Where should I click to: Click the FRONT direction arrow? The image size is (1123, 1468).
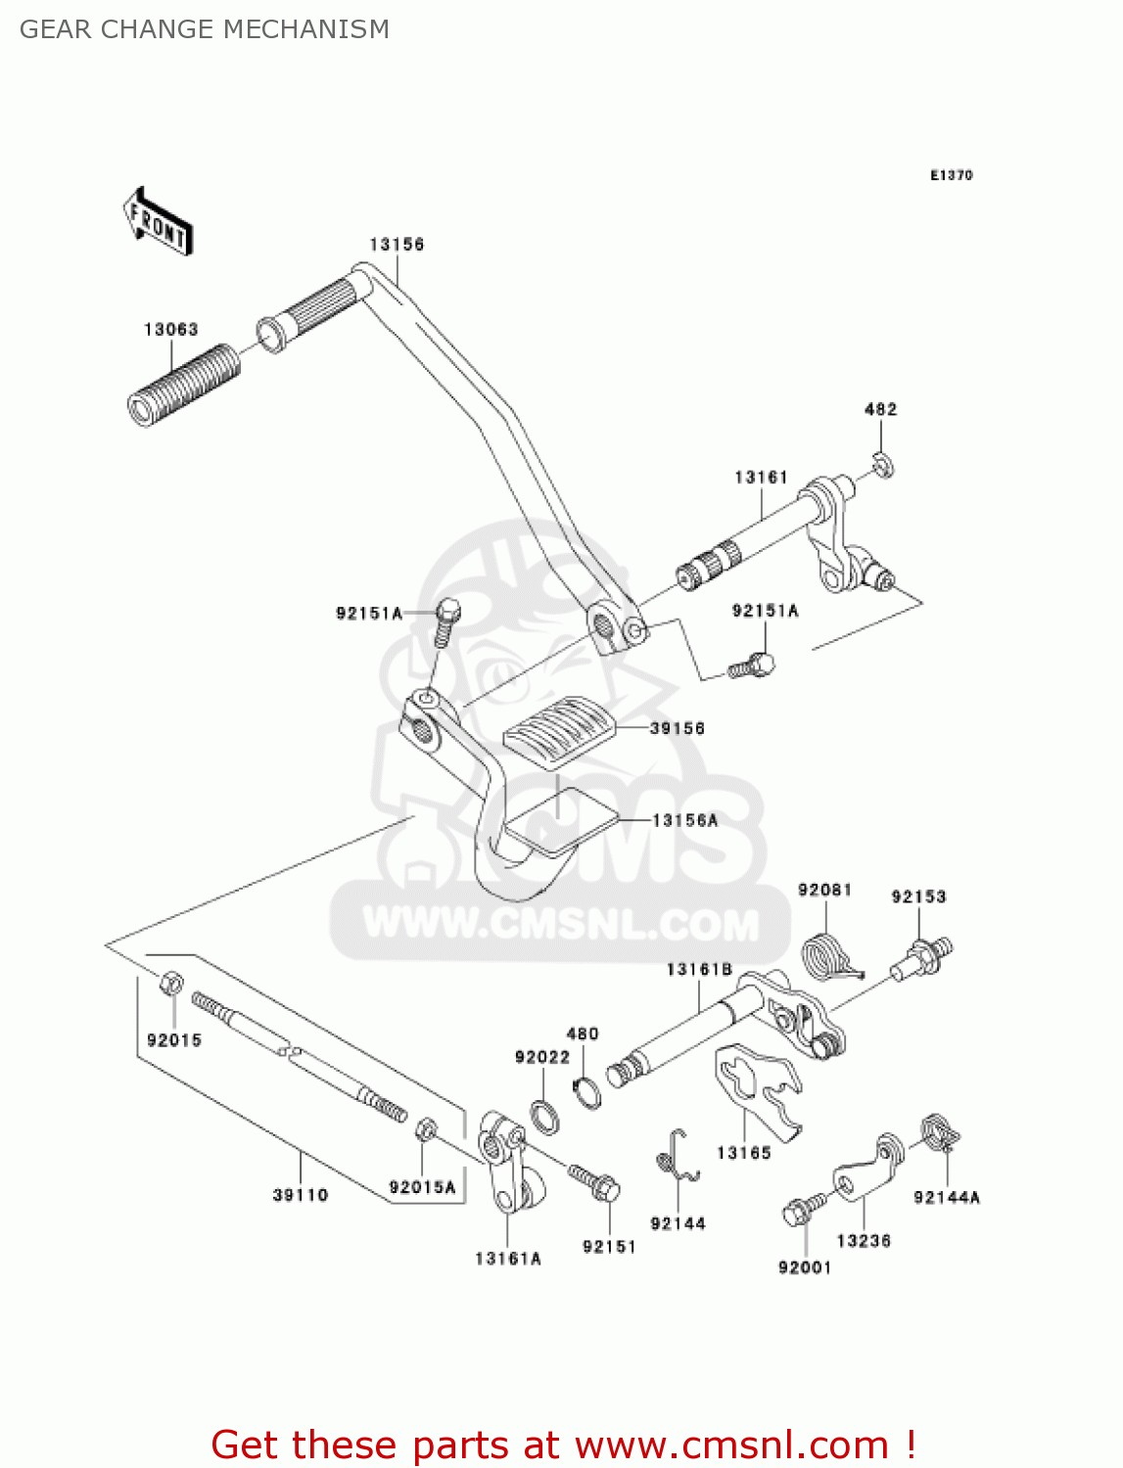coord(158,221)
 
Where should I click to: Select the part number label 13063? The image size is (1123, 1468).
coord(170,330)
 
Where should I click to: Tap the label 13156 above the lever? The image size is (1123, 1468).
coord(397,245)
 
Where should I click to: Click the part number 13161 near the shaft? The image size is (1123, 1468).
coord(761,478)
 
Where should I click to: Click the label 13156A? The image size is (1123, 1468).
coord(684,820)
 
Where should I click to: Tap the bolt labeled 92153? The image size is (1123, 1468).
coord(921,956)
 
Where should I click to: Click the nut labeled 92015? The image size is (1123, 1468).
coord(170,982)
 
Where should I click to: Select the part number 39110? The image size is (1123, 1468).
coord(301,1195)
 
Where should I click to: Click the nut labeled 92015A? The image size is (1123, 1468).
coord(426,1129)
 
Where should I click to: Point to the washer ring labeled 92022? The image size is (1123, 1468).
coord(545,1116)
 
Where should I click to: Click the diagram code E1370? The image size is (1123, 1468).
coord(951,175)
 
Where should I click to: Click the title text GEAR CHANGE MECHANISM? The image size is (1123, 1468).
coord(205,29)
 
